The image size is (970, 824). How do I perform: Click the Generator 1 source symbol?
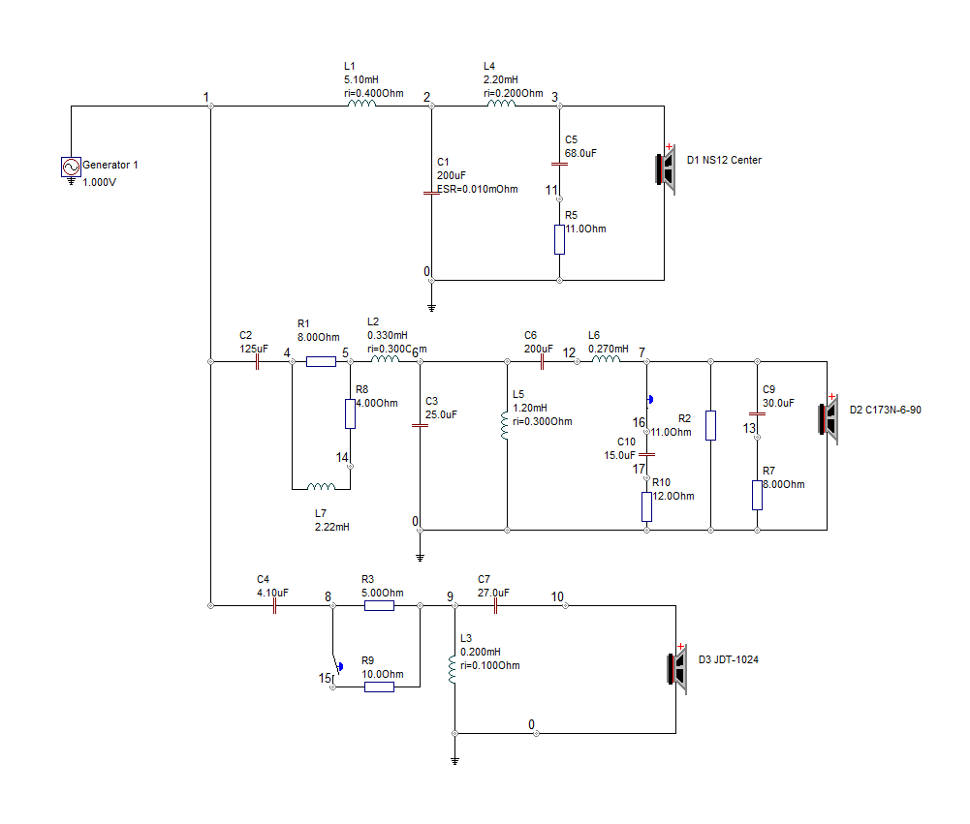click(x=71, y=167)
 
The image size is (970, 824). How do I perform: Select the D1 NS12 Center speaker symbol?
click(x=666, y=168)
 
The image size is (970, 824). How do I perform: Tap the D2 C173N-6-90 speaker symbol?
click(x=829, y=419)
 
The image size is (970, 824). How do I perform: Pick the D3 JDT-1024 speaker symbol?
click(x=677, y=669)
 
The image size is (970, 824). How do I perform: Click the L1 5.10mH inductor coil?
click(x=361, y=104)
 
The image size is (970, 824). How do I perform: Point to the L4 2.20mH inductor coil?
click(x=501, y=104)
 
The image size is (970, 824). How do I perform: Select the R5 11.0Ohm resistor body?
click(x=559, y=239)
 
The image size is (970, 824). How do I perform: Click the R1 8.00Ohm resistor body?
click(x=321, y=361)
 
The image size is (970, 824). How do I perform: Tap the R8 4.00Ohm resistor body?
click(x=350, y=413)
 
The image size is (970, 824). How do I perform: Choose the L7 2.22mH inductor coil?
click(x=321, y=486)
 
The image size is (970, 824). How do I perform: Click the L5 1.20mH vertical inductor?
click(x=505, y=426)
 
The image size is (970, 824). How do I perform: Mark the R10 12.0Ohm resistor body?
click(x=646, y=506)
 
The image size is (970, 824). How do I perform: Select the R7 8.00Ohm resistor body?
click(x=757, y=495)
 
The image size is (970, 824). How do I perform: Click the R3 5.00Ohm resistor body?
click(x=379, y=606)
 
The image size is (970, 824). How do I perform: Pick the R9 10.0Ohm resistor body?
click(x=379, y=687)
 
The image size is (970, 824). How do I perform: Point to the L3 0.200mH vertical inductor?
click(x=453, y=670)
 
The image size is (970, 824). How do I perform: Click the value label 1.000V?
click(x=99, y=182)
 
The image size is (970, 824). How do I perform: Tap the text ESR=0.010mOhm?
click(x=478, y=189)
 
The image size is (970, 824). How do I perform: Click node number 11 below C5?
click(x=551, y=191)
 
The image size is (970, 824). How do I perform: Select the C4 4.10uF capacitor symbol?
click(x=274, y=606)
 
